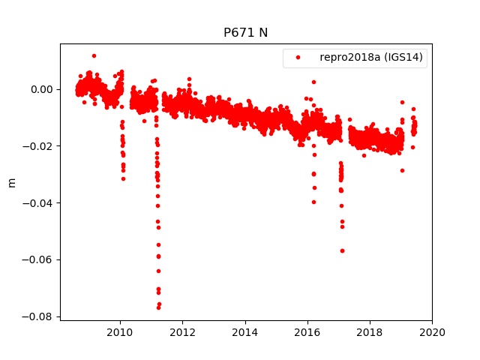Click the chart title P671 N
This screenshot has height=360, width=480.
(245, 33)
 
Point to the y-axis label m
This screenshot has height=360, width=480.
(11, 182)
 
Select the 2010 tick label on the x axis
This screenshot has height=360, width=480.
(120, 332)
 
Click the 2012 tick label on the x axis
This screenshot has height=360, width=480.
(182, 332)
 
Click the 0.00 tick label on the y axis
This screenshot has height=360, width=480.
(42, 89)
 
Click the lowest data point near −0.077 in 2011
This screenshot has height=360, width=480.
(158, 307)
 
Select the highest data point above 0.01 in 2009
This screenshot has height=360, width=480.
(94, 55)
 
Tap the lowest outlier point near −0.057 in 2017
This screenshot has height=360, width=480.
(342, 250)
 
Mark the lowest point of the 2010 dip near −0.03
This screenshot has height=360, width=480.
(123, 178)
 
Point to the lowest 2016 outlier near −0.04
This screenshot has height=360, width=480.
(313, 202)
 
